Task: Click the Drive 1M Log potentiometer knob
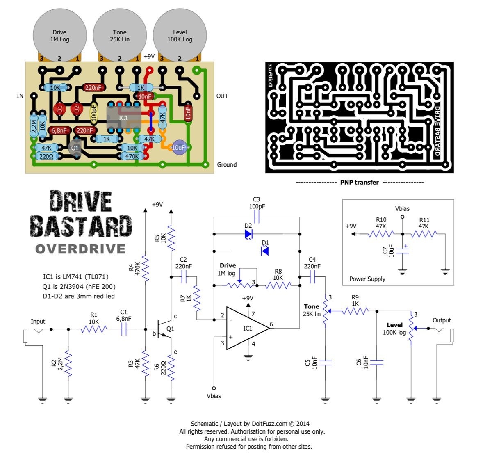(59, 35)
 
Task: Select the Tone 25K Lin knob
(120, 35)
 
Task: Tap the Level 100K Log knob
(180, 35)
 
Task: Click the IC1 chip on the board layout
(123, 118)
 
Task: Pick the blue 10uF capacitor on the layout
(179, 148)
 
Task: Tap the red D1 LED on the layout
(60, 109)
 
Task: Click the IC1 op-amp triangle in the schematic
(246, 328)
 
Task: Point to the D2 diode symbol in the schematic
(248, 234)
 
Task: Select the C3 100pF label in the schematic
(257, 203)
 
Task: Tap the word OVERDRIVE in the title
(80, 249)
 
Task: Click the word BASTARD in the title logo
(82, 226)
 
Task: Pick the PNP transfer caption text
(360, 182)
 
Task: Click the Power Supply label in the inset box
(367, 279)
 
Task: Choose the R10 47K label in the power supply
(381, 223)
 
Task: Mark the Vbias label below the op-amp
(214, 396)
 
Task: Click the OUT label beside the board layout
(222, 96)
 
